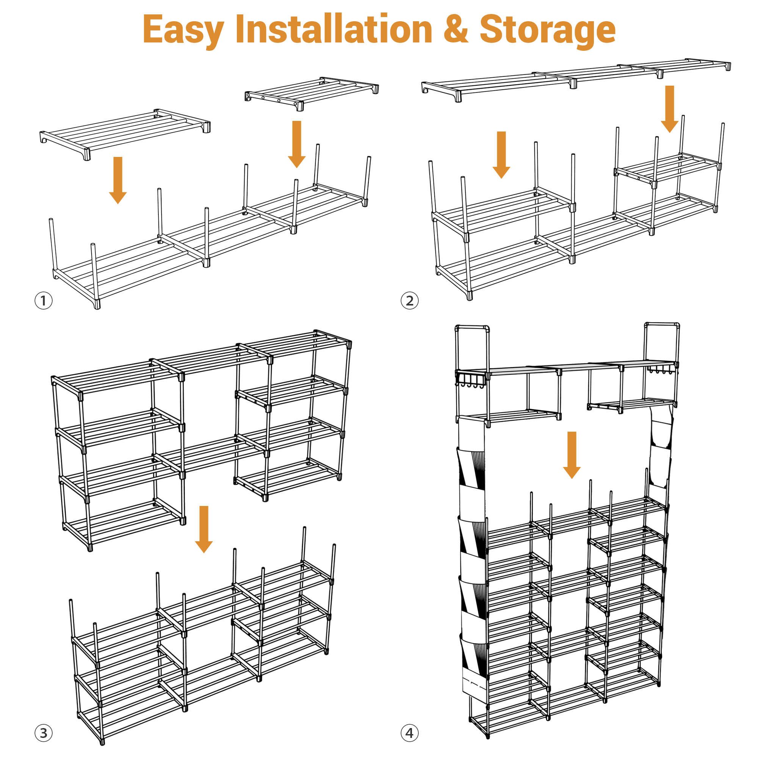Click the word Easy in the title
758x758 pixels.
tap(183, 31)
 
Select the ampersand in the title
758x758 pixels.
tap(456, 29)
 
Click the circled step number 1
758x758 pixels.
tap(44, 301)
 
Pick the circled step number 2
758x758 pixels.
tap(410, 301)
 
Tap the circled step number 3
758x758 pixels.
tap(44, 733)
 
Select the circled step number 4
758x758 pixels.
tap(410, 733)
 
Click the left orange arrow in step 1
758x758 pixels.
tap(118, 180)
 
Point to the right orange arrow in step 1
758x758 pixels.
tap(297, 144)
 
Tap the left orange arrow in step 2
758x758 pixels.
tap(501, 155)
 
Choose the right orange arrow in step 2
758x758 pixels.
tap(670, 109)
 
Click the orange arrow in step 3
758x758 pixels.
tap(204, 529)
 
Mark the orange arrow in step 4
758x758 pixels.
tap(572, 455)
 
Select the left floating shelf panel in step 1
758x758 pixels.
tap(125, 134)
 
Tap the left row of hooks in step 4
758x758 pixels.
tap(472, 380)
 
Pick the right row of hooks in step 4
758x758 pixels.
tap(661, 371)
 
